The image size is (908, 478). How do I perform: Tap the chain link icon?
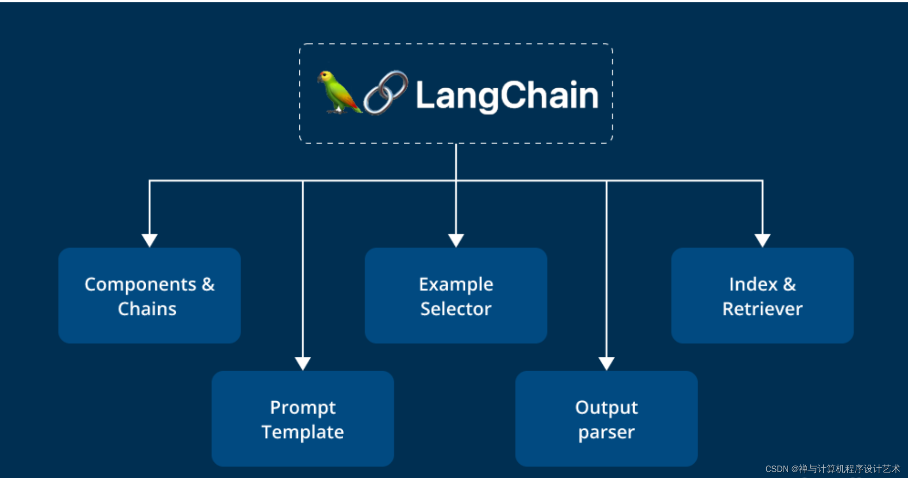tap(386, 92)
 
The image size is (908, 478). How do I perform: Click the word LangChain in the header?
tap(507, 95)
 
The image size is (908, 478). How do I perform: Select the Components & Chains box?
tap(149, 295)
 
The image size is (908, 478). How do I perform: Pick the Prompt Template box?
tap(303, 418)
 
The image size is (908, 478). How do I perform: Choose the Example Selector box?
tap(456, 295)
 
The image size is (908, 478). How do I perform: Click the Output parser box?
tap(606, 418)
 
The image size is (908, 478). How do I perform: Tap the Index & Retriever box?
tap(762, 295)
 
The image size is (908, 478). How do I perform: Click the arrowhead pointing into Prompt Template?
tap(303, 363)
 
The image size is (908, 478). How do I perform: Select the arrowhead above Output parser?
tap(606, 363)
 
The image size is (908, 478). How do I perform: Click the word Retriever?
tap(762, 309)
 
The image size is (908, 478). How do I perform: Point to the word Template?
tap(303, 432)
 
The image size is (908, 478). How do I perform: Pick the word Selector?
tap(456, 309)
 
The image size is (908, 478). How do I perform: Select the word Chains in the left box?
tap(147, 309)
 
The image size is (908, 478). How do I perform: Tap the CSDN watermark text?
tap(833, 469)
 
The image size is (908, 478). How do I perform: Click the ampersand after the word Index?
tap(789, 284)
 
